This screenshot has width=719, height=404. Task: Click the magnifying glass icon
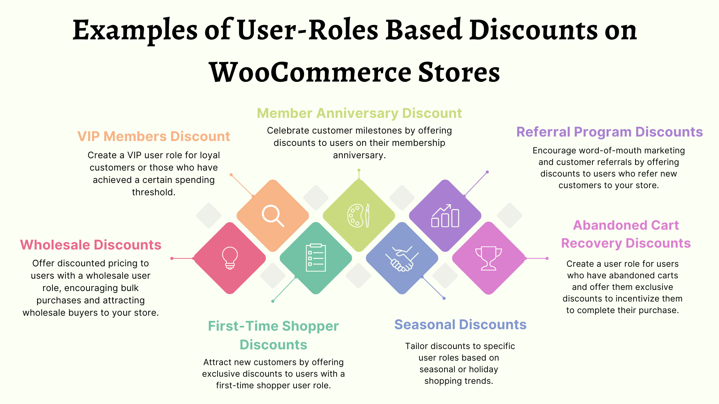pos(273,215)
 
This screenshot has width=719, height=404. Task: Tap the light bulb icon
pos(230,258)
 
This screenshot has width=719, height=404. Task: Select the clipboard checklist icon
pos(316,257)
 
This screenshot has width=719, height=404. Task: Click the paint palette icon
pos(359,215)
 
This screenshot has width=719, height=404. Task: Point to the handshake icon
pos(402,258)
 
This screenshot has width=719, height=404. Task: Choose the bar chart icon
pos(445,216)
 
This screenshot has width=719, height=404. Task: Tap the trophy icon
pos(488,258)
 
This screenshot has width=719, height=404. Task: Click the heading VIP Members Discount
pos(154,137)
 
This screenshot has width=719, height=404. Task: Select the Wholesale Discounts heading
pos(91,245)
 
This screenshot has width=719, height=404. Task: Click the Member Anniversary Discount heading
pos(359,113)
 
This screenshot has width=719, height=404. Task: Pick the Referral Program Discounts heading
pos(609,132)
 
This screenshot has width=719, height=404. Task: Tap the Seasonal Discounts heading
pos(460,325)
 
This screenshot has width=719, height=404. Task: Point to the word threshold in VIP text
pos(154,192)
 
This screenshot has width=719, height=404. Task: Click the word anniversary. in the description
pos(359,155)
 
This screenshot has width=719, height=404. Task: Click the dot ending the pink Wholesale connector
pos(172,258)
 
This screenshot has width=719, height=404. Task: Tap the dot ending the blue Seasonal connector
pos(444,299)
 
